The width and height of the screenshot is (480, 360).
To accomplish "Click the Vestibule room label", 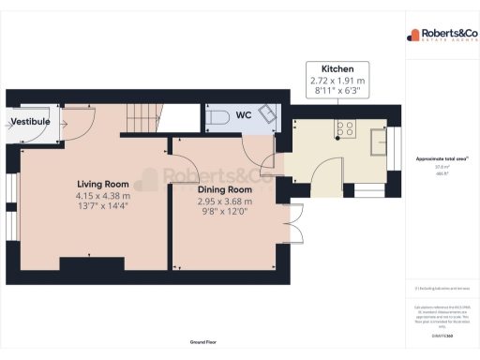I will point(30,122).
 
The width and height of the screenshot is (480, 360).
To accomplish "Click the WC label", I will point(243,116).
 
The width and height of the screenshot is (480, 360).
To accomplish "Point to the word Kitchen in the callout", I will point(337,70).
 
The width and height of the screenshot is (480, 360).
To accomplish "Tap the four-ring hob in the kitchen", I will point(345,131).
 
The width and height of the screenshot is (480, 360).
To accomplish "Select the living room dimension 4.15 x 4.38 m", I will point(103,196).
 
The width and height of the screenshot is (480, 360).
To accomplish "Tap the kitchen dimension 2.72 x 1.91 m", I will point(337,82).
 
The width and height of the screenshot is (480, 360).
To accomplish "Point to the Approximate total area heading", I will point(437,158).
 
